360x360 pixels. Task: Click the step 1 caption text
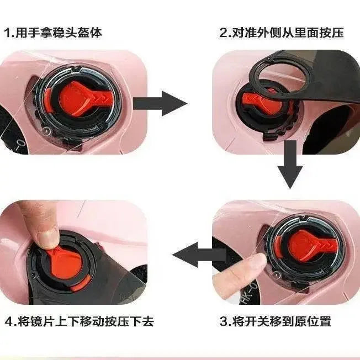point(53,33)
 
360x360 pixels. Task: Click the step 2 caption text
point(282,33)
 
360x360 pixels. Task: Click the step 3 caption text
point(276,321)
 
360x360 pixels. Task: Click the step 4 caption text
point(79,321)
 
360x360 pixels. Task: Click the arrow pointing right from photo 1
point(160,103)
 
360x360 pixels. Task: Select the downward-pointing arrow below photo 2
point(290,165)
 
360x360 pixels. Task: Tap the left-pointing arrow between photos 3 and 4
point(199,255)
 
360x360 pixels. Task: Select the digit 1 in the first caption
point(8,33)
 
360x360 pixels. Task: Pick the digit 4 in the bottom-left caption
point(8,321)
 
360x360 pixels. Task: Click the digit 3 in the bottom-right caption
point(223,321)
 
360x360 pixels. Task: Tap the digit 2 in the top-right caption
point(223,33)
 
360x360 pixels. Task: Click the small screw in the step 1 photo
point(47,130)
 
